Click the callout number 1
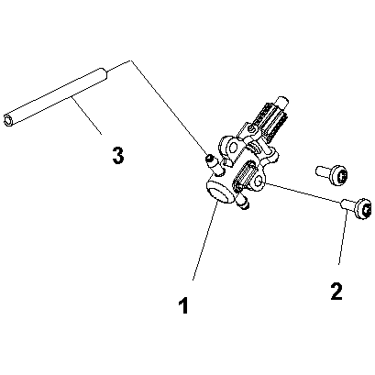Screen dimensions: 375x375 183,305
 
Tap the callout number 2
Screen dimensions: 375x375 336,292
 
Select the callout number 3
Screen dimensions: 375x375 118,155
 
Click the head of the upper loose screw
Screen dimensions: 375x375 339,175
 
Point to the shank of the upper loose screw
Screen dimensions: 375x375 322,171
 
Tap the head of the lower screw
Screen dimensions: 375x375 364,209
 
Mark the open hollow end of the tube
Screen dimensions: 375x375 7,119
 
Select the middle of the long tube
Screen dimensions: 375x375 56,96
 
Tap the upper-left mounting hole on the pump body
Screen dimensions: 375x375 233,148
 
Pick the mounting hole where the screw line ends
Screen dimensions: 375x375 259,182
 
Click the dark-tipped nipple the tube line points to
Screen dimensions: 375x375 209,160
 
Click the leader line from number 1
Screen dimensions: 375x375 204,241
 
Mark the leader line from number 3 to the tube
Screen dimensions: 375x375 86,116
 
